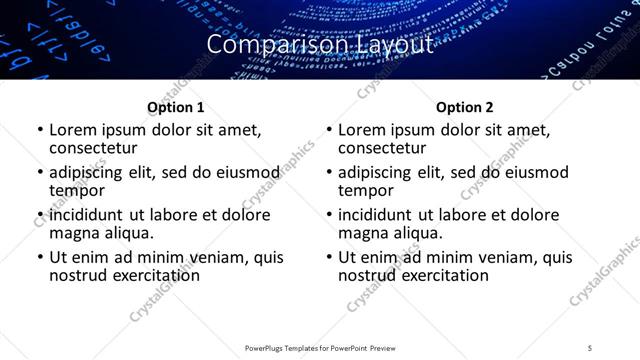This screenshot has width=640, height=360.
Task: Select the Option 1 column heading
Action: [x=176, y=107]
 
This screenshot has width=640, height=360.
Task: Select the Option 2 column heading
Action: [x=465, y=107]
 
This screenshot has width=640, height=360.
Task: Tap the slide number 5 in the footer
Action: [x=591, y=348]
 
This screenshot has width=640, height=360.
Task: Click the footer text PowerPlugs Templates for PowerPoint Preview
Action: [x=320, y=348]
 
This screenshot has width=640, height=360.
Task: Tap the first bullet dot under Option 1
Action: [x=40, y=130]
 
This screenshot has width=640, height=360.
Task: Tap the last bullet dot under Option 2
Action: [x=329, y=257]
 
